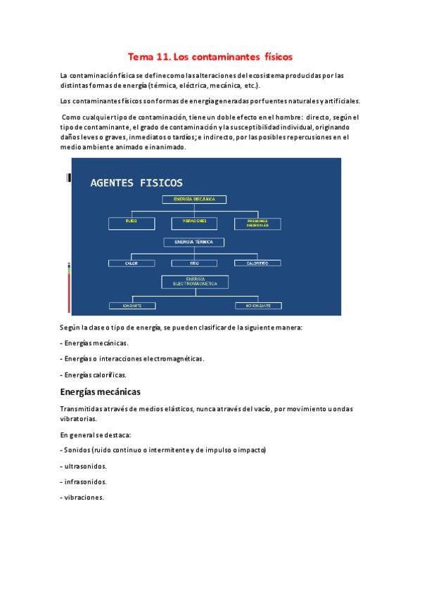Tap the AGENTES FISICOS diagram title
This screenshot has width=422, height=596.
pyautogui.click(x=136, y=183)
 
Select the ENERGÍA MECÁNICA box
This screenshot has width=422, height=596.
pyautogui.click(x=195, y=199)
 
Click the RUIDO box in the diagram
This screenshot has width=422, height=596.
pyautogui.click(x=132, y=222)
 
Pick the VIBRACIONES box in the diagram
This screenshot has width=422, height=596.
pyautogui.click(x=195, y=222)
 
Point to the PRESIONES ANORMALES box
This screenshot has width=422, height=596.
pyautogui.click(x=257, y=223)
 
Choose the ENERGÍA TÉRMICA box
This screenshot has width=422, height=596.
pyautogui.click(x=195, y=242)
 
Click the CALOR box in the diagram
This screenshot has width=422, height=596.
pyautogui.click(x=132, y=263)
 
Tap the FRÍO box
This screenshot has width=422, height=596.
pyautogui.click(x=195, y=263)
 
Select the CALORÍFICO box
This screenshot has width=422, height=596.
pyautogui.click(x=257, y=263)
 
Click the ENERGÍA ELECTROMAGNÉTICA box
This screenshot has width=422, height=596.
pyautogui.click(x=195, y=281)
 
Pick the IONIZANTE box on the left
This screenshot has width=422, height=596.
pyautogui.click(x=132, y=306)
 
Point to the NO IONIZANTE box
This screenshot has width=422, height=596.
pyautogui.click(x=257, y=306)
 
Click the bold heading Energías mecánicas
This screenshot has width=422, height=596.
pyautogui.click(x=101, y=391)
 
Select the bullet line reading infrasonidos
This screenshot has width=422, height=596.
pyautogui.click(x=84, y=482)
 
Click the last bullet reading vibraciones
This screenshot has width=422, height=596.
pyautogui.click(x=83, y=498)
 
